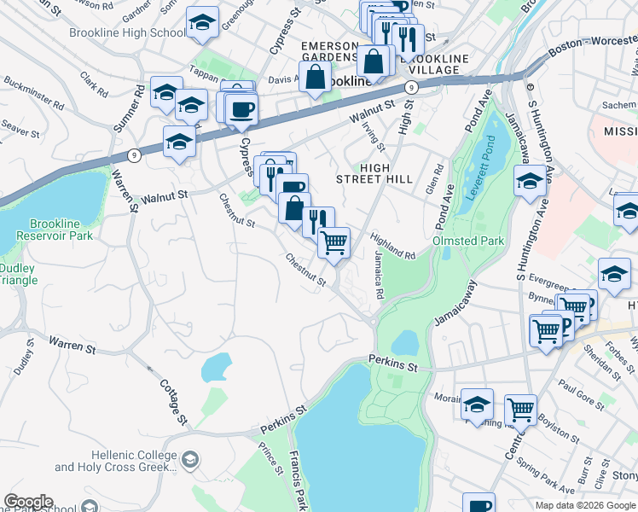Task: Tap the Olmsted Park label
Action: coord(468,241)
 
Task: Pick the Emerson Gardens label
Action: coord(328,51)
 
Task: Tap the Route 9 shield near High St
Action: coord(411,87)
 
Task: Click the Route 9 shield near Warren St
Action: coord(134,155)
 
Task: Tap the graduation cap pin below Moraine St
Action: coord(477,405)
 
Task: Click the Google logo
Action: coord(27,502)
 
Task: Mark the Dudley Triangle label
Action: coord(17,274)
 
